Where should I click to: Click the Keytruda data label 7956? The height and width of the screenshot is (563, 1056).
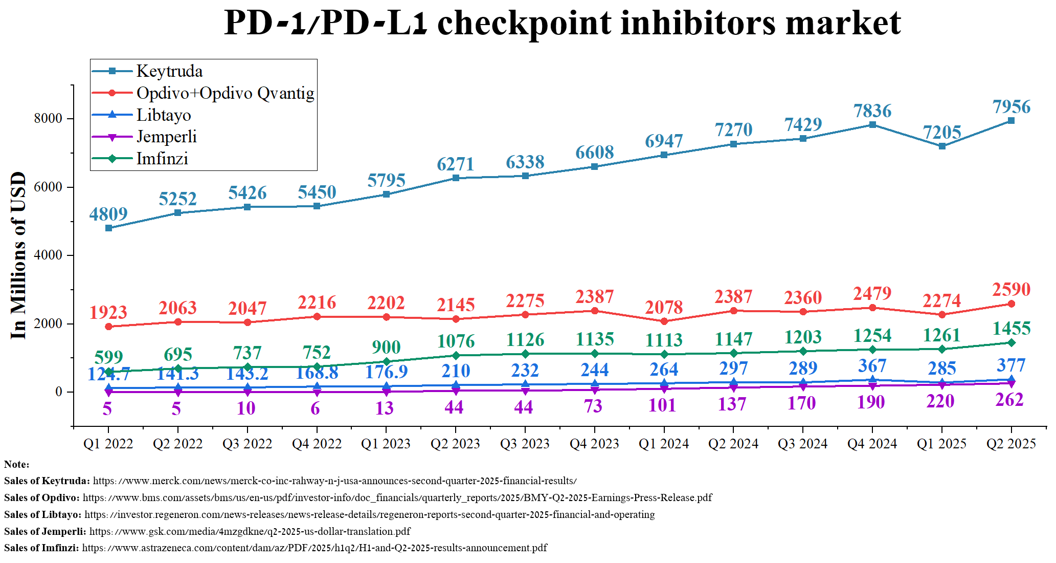click(1011, 107)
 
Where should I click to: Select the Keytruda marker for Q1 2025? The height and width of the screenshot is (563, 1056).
click(942, 146)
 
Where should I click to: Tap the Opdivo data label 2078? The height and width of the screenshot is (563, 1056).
click(664, 307)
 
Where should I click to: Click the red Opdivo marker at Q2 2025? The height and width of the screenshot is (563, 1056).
click(1011, 304)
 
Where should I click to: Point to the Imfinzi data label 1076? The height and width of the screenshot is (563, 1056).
click(456, 341)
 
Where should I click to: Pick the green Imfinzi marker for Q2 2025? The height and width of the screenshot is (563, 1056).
click(1011, 343)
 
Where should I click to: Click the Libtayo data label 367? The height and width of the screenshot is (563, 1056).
click(872, 366)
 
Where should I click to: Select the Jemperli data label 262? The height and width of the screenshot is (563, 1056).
click(1009, 400)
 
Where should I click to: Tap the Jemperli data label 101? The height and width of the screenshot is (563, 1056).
click(662, 405)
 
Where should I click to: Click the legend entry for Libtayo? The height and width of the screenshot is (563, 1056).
click(164, 115)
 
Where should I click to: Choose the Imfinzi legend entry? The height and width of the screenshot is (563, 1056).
click(162, 159)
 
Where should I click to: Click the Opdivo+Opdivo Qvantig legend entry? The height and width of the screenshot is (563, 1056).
click(225, 93)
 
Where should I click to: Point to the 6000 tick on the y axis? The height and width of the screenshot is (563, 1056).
click(48, 187)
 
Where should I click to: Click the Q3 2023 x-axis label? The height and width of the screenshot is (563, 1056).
click(525, 444)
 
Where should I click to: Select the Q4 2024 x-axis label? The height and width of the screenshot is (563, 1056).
click(872, 444)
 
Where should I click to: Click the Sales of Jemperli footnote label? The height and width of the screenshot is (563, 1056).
click(45, 531)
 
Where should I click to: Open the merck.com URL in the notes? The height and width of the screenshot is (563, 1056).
click(334, 481)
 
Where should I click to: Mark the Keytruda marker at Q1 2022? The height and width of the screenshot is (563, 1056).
click(108, 228)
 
